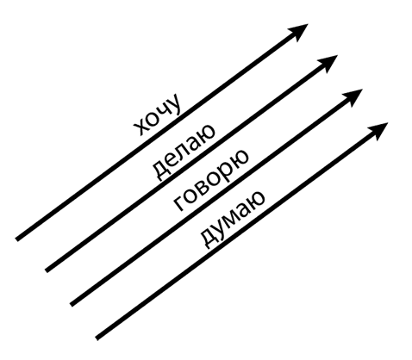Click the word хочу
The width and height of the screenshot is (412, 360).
158,114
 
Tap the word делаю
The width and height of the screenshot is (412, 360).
183,152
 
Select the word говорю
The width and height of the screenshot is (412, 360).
210,180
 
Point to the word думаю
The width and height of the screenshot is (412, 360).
231,218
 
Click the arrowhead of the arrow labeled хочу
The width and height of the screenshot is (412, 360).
299,31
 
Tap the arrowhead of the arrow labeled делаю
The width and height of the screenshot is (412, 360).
328,62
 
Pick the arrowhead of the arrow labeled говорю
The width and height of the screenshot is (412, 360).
353,96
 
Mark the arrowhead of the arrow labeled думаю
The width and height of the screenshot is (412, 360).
379,130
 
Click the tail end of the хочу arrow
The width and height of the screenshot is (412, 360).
16,239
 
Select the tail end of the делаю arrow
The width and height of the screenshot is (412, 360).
47,270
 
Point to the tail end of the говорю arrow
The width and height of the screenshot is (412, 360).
72,305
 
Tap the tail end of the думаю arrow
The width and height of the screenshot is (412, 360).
97,338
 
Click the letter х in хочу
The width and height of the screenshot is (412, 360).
140,127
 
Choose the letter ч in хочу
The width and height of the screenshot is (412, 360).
163,110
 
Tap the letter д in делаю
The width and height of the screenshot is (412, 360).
159,171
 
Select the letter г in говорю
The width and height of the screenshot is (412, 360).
178,203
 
